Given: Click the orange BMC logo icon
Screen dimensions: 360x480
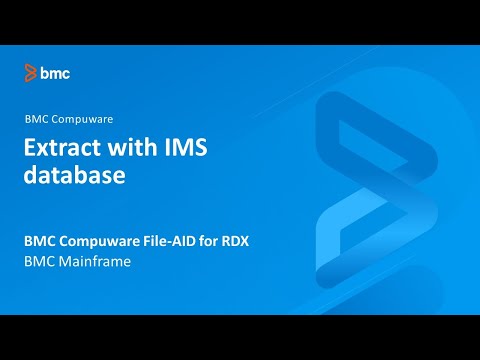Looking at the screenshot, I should click(31, 73).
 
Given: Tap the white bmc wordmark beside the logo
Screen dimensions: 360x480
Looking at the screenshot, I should click(55, 73).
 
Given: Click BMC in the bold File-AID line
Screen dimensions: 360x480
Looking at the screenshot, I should click(41, 241).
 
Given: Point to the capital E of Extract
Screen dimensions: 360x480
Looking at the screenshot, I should click(30, 148).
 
